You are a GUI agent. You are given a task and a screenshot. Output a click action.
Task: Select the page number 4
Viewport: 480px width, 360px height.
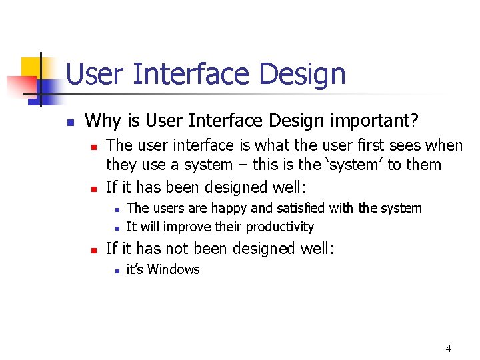click(448, 349)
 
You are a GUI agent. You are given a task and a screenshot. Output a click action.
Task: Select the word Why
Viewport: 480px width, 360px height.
click(102, 121)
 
